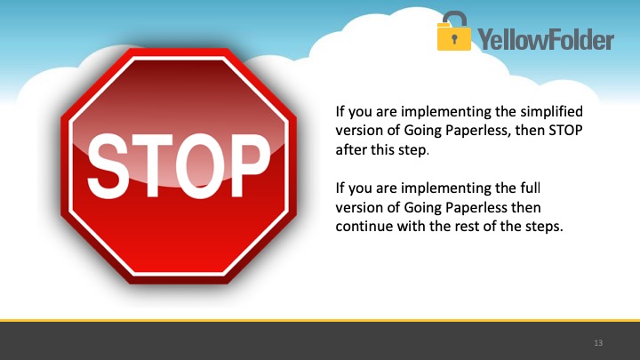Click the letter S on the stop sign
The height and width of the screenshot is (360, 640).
point(108,165)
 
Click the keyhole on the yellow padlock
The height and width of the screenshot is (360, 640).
point(454,39)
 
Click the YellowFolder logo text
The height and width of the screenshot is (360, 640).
point(546,40)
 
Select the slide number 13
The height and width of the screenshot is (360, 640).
point(598,343)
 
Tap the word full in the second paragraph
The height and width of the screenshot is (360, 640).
point(530,188)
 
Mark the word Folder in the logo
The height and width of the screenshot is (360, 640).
point(579,40)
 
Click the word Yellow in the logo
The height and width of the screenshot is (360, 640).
point(511,40)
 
